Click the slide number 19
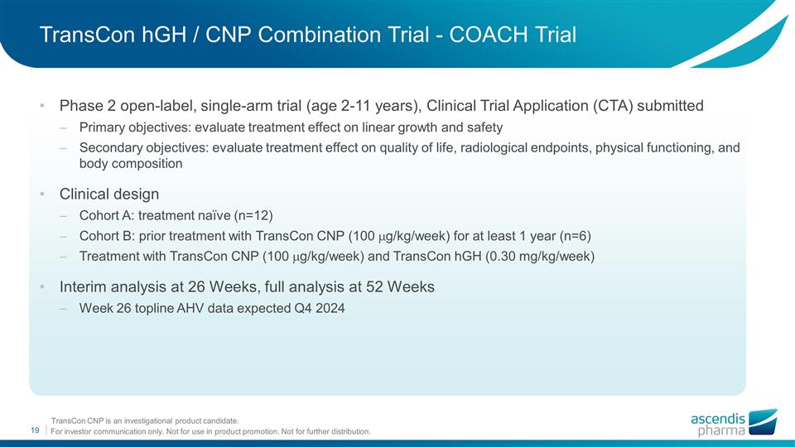pos(36,430)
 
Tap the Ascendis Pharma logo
pos(733,423)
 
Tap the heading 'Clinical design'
pos(109,194)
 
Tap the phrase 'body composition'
pos(131,163)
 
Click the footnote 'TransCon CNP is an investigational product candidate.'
pos(145,421)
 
